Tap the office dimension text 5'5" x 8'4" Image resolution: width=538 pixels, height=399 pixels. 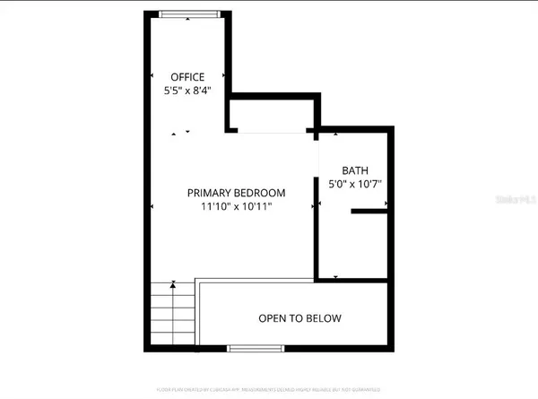point(189,91)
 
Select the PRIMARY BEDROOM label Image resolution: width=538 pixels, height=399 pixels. point(236,193)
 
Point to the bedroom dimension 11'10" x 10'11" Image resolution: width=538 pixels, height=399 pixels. point(236,207)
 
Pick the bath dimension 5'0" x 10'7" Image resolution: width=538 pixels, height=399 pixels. point(355,185)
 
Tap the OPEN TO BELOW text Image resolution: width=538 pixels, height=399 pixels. point(299,318)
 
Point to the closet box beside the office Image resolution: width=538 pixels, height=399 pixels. point(272,113)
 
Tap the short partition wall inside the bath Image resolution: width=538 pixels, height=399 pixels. point(369,213)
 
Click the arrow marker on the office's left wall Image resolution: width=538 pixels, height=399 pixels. point(152,77)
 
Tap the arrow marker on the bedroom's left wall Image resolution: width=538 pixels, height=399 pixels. point(152,207)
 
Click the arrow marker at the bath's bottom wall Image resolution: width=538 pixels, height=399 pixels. point(334,276)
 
